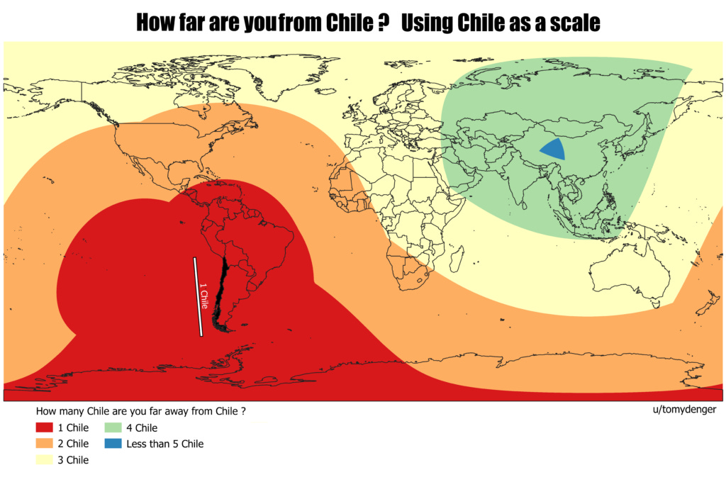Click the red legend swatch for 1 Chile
pyautogui.click(x=44, y=428)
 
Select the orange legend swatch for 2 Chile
pyautogui.click(x=44, y=444)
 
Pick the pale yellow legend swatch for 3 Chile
pyautogui.click(x=44, y=459)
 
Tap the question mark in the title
pyautogui.click(x=383, y=24)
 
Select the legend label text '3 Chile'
pyautogui.click(x=72, y=460)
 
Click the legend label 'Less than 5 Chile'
pyautogui.click(x=164, y=444)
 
